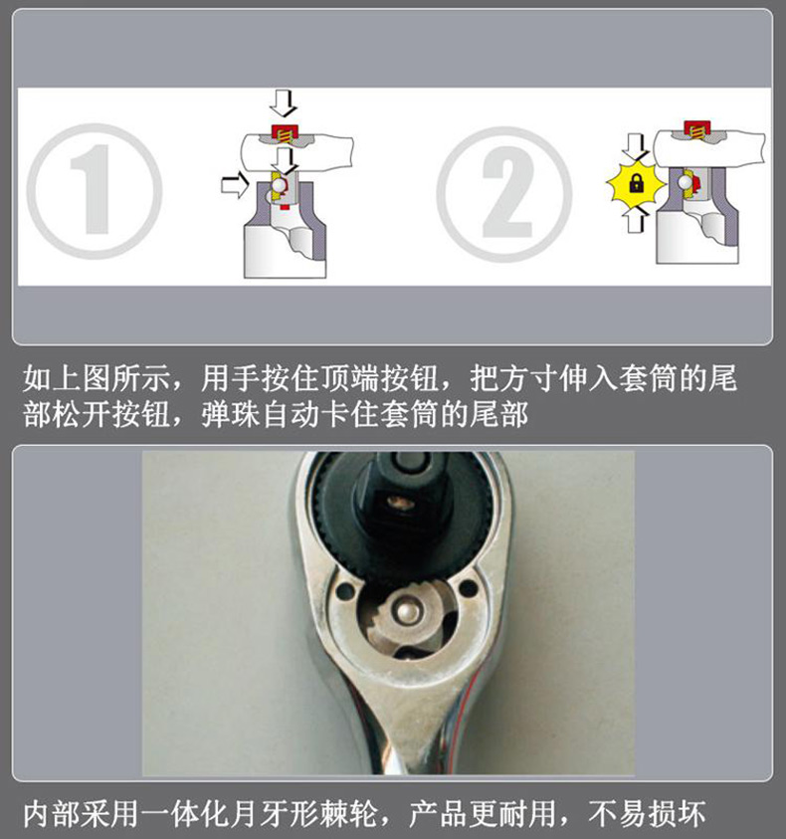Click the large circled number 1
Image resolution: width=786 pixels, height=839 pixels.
(94, 191)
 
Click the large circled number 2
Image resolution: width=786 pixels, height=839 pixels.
(504, 194)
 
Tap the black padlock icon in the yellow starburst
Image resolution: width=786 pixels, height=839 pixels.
(636, 183)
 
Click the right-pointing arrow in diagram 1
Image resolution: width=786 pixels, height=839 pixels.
(235, 185)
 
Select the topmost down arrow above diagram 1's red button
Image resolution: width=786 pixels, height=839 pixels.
(283, 104)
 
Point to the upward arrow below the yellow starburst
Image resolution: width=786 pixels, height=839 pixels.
(635, 218)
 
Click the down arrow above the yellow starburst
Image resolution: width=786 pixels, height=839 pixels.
(636, 147)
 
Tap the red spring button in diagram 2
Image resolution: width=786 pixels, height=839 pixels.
(696, 130)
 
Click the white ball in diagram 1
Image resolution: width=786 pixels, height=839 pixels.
(279, 184)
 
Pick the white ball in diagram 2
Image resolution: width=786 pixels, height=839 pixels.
(685, 182)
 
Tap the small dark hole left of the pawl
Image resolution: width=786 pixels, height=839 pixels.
(345, 592)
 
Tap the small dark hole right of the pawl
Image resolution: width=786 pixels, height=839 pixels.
(469, 588)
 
